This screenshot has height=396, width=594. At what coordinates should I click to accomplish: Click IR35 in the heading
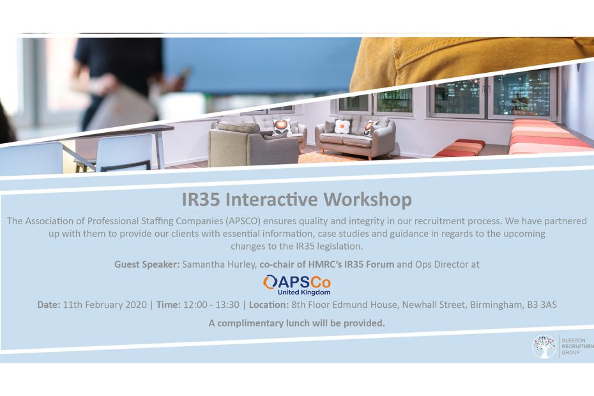coord(201,200)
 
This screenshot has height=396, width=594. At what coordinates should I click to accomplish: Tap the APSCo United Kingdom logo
coord(297,285)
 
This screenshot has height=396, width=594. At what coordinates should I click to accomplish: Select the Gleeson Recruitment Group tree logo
coord(544,346)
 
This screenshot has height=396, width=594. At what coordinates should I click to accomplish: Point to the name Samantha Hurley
coord(219,264)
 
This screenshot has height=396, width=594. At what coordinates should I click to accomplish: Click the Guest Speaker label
coord(147,264)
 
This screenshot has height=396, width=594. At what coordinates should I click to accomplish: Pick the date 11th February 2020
coord(105,305)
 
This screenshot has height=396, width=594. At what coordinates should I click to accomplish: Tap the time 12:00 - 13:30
coord(211,305)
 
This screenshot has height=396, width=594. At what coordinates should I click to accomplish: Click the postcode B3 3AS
coord(542,305)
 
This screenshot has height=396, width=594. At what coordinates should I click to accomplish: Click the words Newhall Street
coord(434,305)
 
